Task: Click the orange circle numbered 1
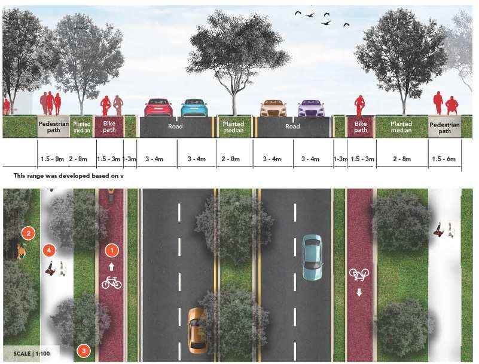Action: click(111, 251)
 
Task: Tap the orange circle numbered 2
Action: click(28, 233)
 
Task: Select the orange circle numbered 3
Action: click(84, 350)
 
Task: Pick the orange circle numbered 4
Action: click(51, 249)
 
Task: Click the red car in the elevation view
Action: click(158, 107)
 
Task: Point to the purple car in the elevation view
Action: click(311, 108)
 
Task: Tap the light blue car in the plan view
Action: click(312, 257)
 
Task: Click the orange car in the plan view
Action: click(198, 330)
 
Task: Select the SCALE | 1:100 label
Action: click(31, 351)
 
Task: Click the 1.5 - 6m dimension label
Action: click(444, 159)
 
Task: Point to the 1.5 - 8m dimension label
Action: click(53, 159)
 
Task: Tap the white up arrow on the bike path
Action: click(111, 267)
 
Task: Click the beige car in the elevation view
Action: click(274, 108)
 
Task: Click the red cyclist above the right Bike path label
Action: click(360, 106)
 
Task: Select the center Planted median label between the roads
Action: click(234, 127)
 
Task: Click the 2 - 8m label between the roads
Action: click(234, 159)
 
